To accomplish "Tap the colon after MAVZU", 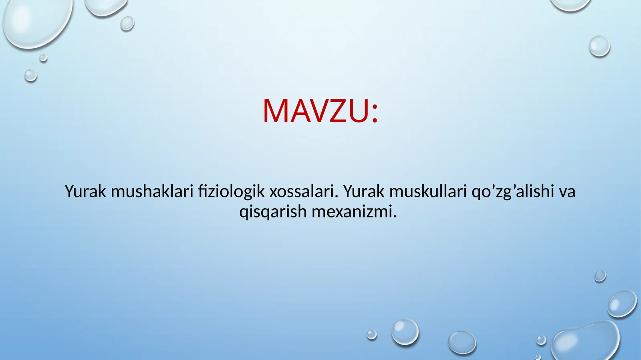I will point(375,114).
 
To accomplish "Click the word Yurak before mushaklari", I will point(85,191).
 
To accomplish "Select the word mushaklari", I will point(152,191).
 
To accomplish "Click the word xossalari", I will point(301,191).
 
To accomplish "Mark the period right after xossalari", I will point(336,197).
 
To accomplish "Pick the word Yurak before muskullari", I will point(364,191).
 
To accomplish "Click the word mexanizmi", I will point(352,211).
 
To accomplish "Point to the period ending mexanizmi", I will point(395,217).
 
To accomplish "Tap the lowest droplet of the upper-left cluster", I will point(30,75).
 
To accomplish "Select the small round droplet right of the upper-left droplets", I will point(127,24).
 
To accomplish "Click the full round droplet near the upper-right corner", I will point(599,46).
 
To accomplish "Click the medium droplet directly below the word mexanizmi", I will point(405,332).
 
